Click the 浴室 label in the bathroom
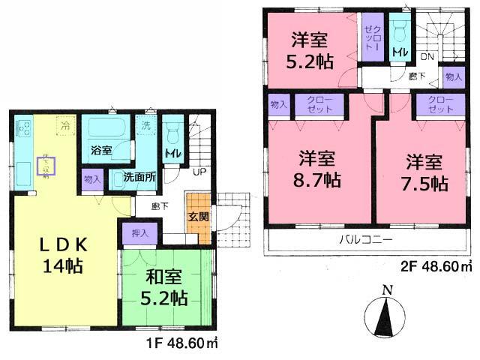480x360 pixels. coord(101,150)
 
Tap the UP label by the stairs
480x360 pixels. coord(199,172)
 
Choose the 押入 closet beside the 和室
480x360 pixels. coord(140,234)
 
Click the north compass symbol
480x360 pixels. coord(387,315)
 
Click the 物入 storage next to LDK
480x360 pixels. coord(93,180)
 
